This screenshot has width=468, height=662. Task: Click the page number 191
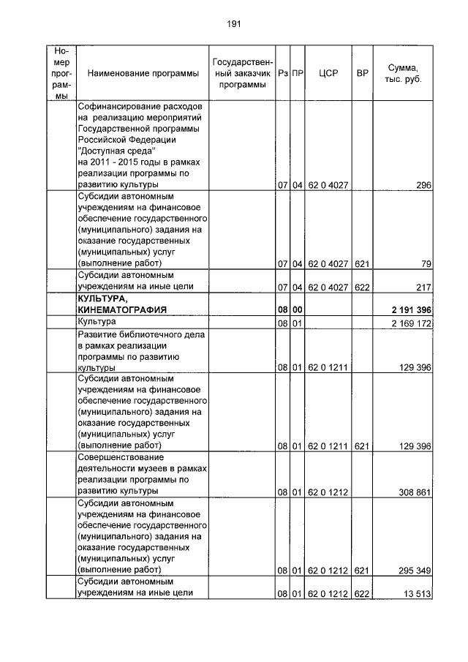click(234, 23)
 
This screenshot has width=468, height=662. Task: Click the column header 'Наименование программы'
click(143, 74)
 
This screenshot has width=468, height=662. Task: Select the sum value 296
click(423, 186)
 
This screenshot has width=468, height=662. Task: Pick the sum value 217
click(423, 287)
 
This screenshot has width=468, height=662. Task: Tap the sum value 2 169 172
click(412, 323)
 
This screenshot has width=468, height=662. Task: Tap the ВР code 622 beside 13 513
click(361, 593)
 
